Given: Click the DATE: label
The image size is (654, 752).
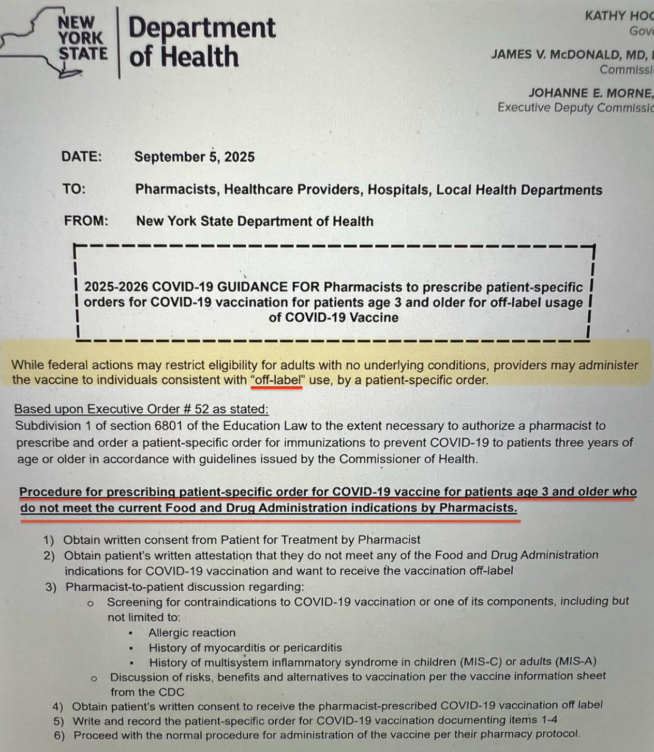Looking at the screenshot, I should pos(82,157).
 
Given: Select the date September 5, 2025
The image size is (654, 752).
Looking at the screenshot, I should pos(194,157).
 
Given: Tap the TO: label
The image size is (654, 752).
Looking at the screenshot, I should pos(75,189).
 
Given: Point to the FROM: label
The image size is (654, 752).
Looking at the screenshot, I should pos(86,221).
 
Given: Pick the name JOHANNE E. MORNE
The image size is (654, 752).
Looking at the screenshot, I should pos(589,93).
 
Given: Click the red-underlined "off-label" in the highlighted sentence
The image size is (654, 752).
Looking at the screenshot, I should pos(276,380).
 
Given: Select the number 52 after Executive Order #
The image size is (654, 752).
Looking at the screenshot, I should pos(202,409).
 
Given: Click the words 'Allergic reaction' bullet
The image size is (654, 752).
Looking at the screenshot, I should pos(191,632).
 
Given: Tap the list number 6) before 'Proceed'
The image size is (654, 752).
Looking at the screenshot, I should pos(59,735).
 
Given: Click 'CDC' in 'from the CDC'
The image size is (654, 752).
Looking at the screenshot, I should pos(172,692).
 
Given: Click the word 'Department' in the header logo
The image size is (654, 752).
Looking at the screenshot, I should pos(202,27).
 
